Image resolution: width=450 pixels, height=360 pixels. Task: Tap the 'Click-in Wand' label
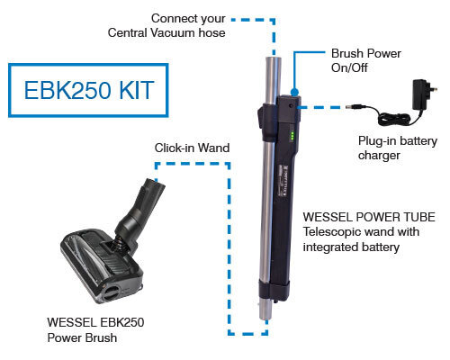tap(192, 147)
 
